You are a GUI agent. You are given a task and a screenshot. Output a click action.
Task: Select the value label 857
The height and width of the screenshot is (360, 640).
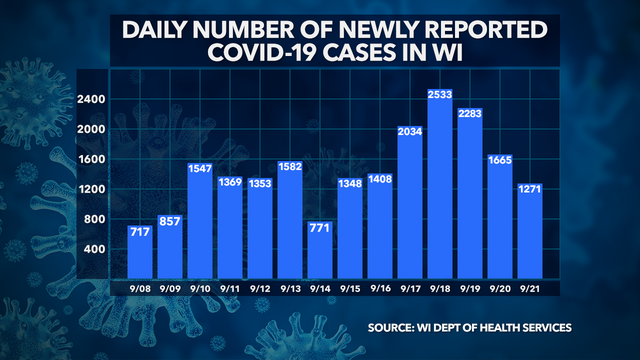(171, 220)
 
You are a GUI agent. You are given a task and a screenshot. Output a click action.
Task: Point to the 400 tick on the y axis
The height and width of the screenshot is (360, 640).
(93, 249)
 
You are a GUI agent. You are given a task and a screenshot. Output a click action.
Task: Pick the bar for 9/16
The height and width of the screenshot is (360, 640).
(381, 226)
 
